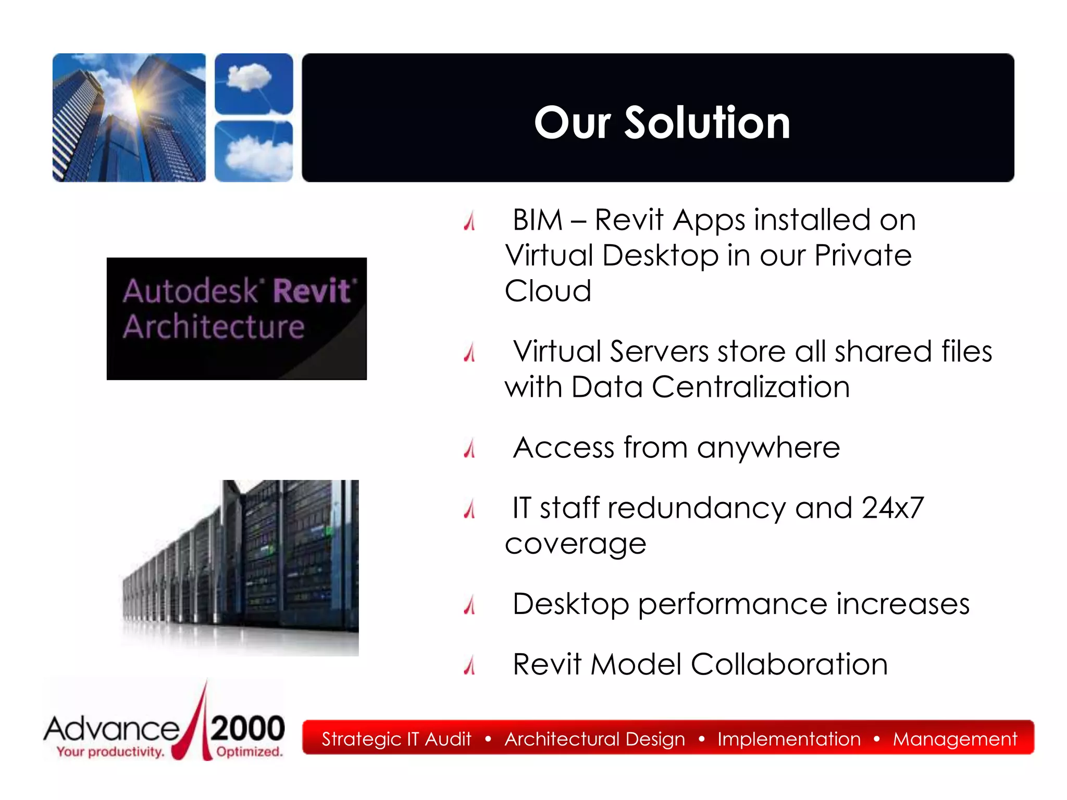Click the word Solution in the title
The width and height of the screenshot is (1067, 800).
[707, 123]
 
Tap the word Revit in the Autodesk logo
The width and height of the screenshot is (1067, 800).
[312, 291]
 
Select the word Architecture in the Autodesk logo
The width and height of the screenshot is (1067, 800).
[214, 327]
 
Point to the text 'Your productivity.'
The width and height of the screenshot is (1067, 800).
[110, 752]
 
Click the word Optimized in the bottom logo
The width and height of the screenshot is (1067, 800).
[249, 752]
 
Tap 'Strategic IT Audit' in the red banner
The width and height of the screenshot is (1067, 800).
[396, 739]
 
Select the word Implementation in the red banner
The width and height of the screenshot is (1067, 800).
[789, 739]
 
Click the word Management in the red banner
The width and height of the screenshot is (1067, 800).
[954, 739]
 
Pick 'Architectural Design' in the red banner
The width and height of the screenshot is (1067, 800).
[594, 739]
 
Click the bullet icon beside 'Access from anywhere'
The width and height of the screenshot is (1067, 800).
[470, 448]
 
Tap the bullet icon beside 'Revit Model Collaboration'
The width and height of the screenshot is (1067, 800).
[470, 665]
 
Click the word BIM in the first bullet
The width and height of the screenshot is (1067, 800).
[538, 220]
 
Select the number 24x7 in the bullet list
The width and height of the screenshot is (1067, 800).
[892, 508]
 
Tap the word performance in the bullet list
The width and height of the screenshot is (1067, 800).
[733, 604]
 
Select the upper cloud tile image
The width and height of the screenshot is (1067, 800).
[254, 83]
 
